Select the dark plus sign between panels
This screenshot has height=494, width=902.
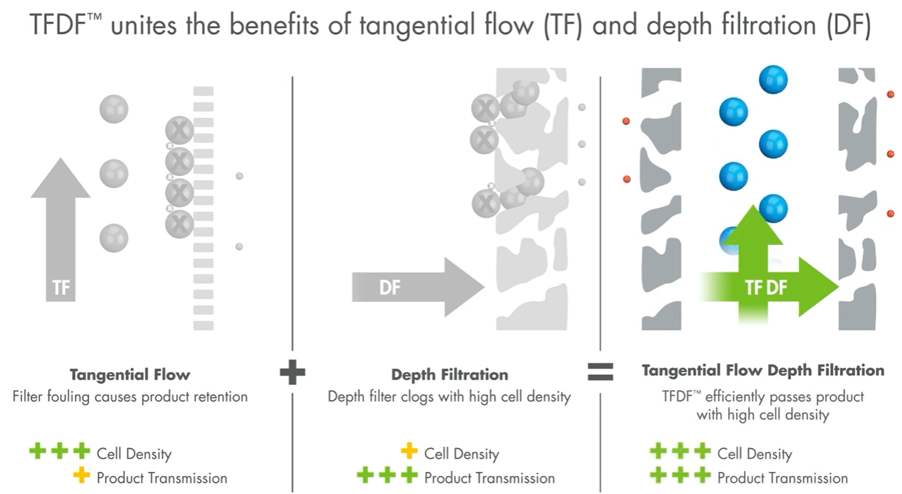(292, 373)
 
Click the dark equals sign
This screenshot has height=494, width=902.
(600, 372)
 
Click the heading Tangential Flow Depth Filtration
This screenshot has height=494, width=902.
(763, 370)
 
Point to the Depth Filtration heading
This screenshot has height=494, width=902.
(450, 374)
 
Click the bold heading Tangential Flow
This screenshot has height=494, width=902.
(130, 374)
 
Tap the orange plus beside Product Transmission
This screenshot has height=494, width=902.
(82, 477)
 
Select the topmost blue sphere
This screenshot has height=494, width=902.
(773, 80)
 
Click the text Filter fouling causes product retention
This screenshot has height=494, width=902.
(130, 396)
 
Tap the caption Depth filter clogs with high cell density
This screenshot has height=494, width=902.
(449, 396)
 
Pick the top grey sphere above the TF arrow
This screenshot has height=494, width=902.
(114, 108)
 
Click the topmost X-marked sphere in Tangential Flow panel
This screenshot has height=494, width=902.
(179, 129)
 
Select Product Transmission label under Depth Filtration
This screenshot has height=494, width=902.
(489, 478)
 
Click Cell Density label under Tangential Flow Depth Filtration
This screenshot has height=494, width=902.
(754, 454)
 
